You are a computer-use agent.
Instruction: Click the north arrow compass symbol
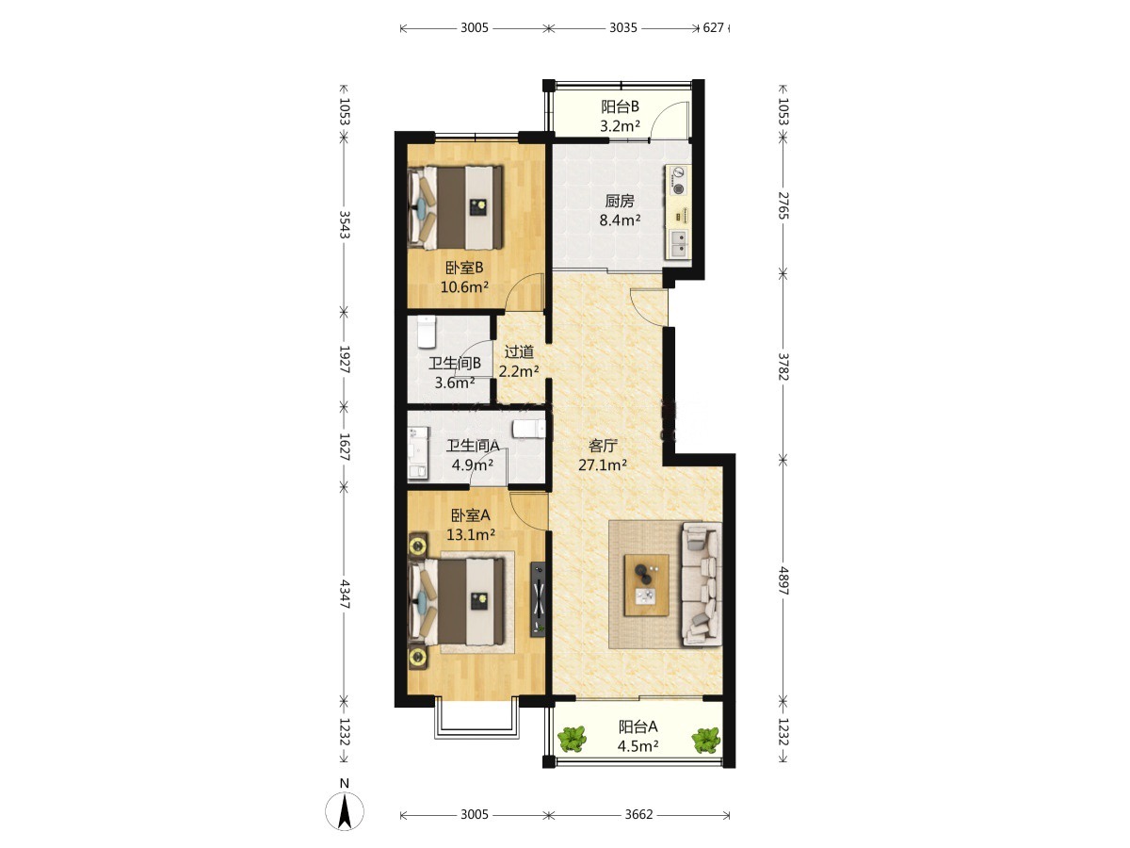click(x=345, y=811)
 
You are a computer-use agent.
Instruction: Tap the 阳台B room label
click(x=620, y=106)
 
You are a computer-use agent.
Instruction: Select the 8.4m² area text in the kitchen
click(x=620, y=220)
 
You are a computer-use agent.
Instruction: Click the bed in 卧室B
click(x=455, y=207)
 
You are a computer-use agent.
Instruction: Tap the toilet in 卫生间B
click(x=427, y=332)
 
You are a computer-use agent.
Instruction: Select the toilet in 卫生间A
click(x=528, y=429)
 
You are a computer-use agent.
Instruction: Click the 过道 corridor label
click(x=519, y=352)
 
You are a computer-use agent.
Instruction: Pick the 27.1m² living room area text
click(x=603, y=465)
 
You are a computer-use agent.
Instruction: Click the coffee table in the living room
click(x=647, y=584)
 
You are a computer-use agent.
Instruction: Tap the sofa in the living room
click(x=702, y=584)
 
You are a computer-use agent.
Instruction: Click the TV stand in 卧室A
click(x=538, y=599)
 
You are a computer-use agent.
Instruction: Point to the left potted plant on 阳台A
click(x=572, y=739)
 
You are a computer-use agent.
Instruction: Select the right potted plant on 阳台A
click(x=706, y=740)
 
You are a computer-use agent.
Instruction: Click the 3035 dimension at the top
click(x=623, y=28)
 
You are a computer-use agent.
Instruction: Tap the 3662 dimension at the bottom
click(x=638, y=814)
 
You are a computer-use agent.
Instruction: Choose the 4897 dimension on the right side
click(x=783, y=580)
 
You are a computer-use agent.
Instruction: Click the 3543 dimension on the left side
click(x=345, y=224)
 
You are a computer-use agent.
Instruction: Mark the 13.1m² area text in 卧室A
click(x=471, y=534)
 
